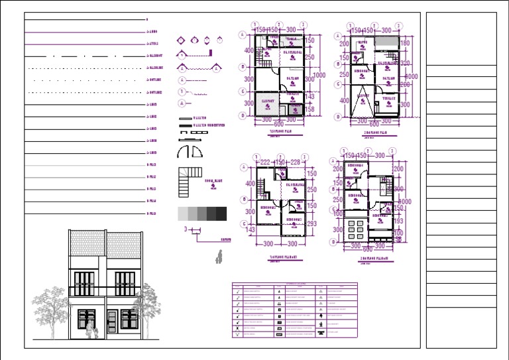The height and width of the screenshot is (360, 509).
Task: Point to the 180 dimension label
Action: (406, 44)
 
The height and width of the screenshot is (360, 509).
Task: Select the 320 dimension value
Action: (406, 64)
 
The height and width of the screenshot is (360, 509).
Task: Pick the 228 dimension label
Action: (295, 163)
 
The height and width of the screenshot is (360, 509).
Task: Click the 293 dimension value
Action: (312, 223)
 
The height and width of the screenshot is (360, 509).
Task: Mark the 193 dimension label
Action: (398, 221)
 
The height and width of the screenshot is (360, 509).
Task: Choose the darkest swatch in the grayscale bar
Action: (221, 213)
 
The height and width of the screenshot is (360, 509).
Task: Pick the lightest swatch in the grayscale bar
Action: (183, 213)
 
